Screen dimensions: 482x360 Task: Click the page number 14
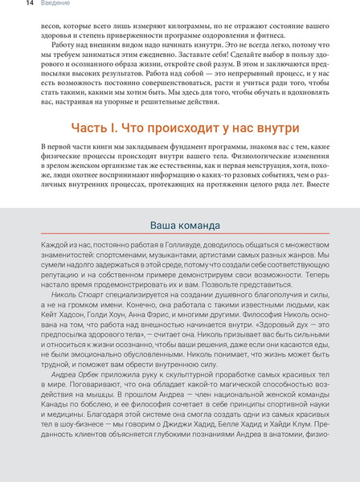6,4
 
